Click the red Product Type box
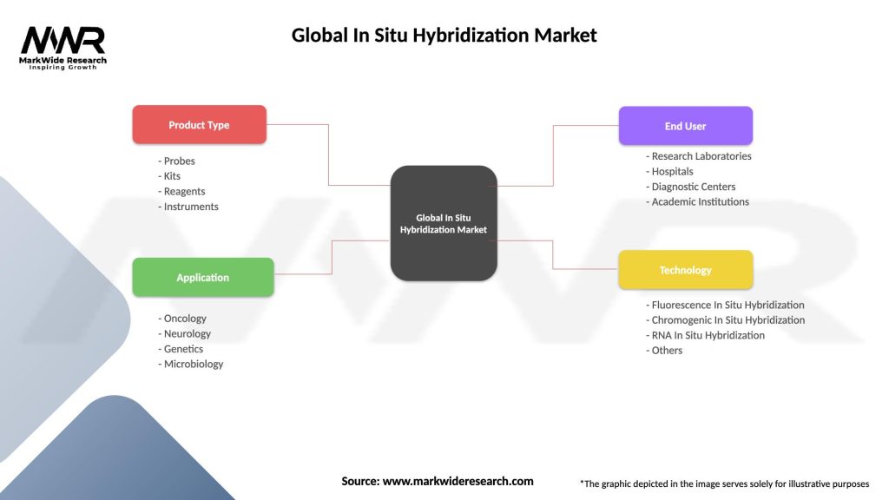coord(199,125)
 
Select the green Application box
coord(202,278)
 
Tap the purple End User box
coord(685,126)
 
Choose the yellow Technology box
coord(685,270)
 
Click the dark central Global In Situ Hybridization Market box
coord(443,223)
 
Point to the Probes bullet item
coord(177,161)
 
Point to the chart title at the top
coord(444,36)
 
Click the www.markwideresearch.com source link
coord(458,480)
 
